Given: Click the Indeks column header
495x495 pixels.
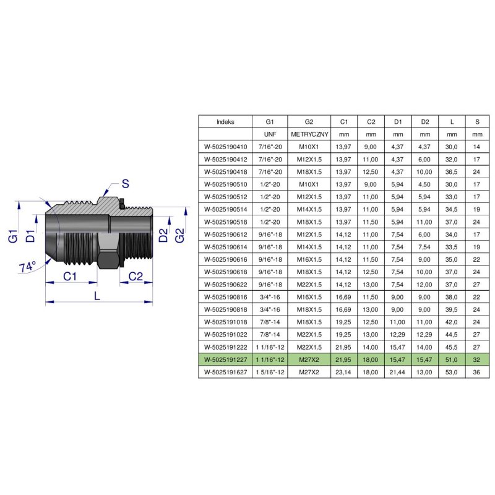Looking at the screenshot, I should pos(225,122).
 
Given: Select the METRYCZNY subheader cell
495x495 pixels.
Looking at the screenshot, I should pos(309,134).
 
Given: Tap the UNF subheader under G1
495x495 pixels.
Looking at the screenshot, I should pos(269,134).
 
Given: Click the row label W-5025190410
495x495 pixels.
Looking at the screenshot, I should pos(225,147).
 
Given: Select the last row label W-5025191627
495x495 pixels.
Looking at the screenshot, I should pos(225,372).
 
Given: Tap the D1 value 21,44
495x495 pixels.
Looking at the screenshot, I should pos(398,372).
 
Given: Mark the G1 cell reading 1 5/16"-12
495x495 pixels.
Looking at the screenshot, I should pos(269,372).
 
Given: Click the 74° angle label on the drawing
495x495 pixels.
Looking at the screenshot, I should pos(28,267).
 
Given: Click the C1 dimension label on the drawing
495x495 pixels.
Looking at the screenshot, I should pos(70,277).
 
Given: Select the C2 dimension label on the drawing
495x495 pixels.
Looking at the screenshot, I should pos(137,277).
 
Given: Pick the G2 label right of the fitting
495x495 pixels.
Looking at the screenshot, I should pos(179,235).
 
